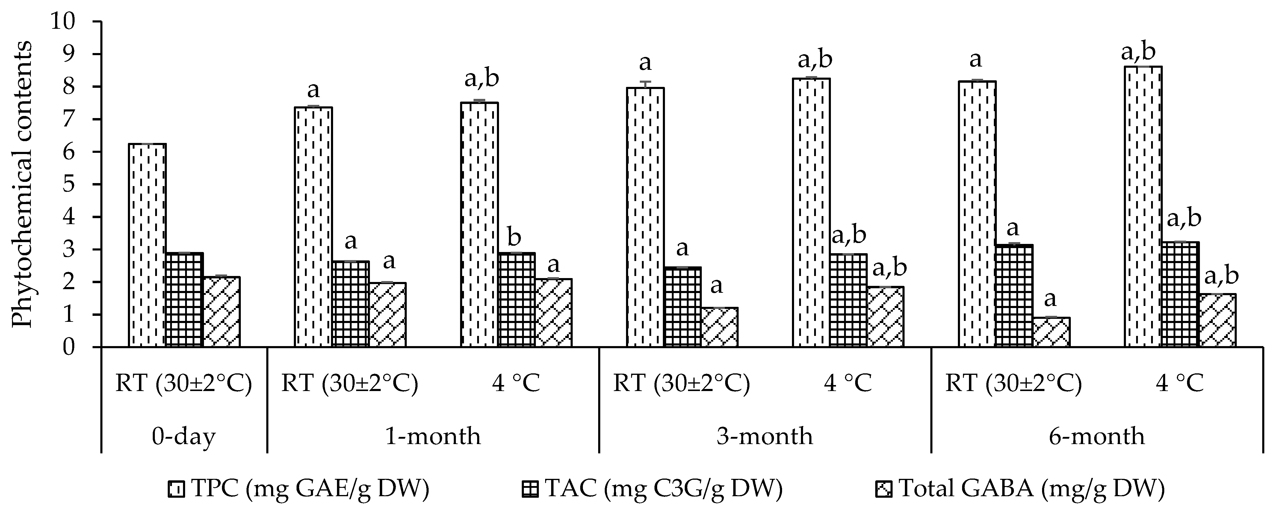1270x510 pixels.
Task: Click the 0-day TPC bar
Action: pos(147,246)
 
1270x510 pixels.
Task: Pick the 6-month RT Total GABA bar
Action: pos(1051,332)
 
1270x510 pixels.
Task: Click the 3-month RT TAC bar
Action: pos(682,307)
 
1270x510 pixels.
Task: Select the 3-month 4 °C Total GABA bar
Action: pos(885,317)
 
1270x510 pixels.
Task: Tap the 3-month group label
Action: pos(765,437)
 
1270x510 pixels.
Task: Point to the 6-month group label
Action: pos(1097,437)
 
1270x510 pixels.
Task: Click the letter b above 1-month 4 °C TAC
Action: pos(514,238)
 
